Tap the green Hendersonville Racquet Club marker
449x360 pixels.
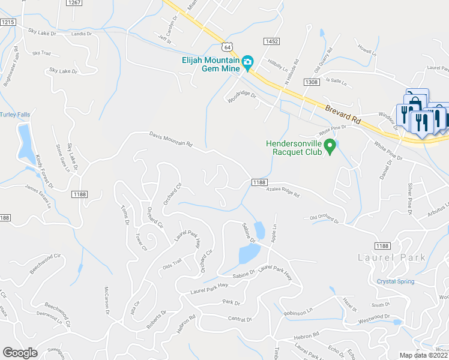coord(329,145)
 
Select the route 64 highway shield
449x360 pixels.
coord(226,46)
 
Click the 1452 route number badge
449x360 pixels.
coord(271,40)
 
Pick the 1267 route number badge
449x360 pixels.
coord(74,3)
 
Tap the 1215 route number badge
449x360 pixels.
coord(7,22)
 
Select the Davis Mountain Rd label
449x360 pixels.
coord(171,140)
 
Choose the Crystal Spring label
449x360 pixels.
coord(395,281)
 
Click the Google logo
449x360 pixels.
coord(20,353)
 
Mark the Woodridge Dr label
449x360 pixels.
coord(242,96)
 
